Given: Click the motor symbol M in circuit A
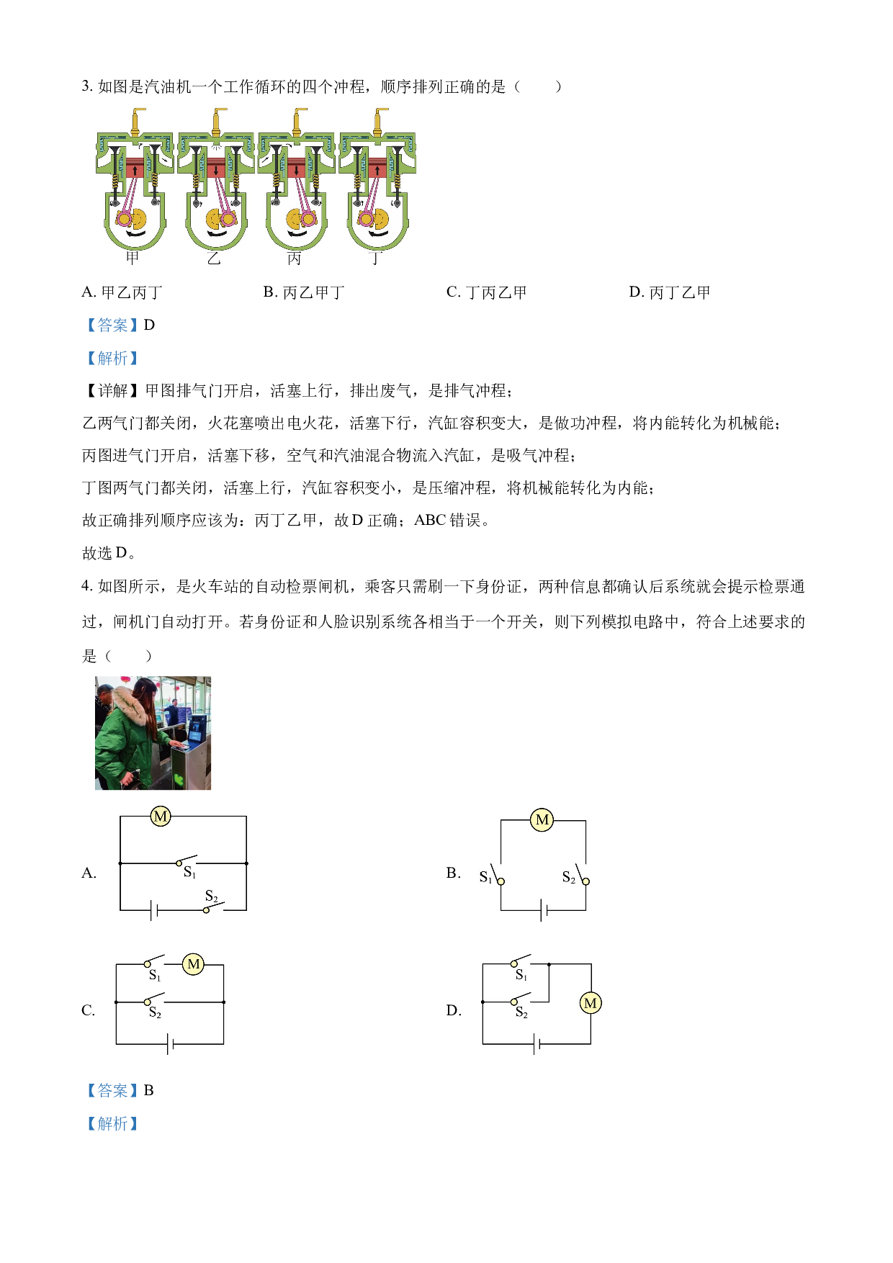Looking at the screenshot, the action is (x=161, y=816).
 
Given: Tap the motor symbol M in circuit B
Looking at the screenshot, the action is (x=542, y=819).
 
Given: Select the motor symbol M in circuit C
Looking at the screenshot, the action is (x=193, y=964).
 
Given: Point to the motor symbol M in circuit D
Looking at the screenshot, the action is (x=591, y=1003).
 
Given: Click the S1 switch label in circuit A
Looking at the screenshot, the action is (x=189, y=873).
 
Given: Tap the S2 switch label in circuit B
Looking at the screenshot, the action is (x=569, y=877).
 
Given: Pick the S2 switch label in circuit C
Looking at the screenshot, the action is (x=155, y=1012).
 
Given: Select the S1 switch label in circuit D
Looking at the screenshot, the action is (x=521, y=975).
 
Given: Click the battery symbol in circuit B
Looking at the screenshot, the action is (x=544, y=911).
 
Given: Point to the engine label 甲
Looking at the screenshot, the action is (x=133, y=258).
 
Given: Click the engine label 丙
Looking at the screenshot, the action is (x=294, y=258).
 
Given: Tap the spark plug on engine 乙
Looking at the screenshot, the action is (x=217, y=121).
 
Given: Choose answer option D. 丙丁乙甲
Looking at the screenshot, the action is (x=670, y=292).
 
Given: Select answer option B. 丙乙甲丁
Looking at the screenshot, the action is (x=304, y=292).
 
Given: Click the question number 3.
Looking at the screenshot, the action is (x=86, y=86).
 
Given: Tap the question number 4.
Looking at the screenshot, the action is (x=86, y=587).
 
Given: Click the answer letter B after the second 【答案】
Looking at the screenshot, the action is (x=149, y=1090).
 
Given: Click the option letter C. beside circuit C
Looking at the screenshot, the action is (x=89, y=1010).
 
